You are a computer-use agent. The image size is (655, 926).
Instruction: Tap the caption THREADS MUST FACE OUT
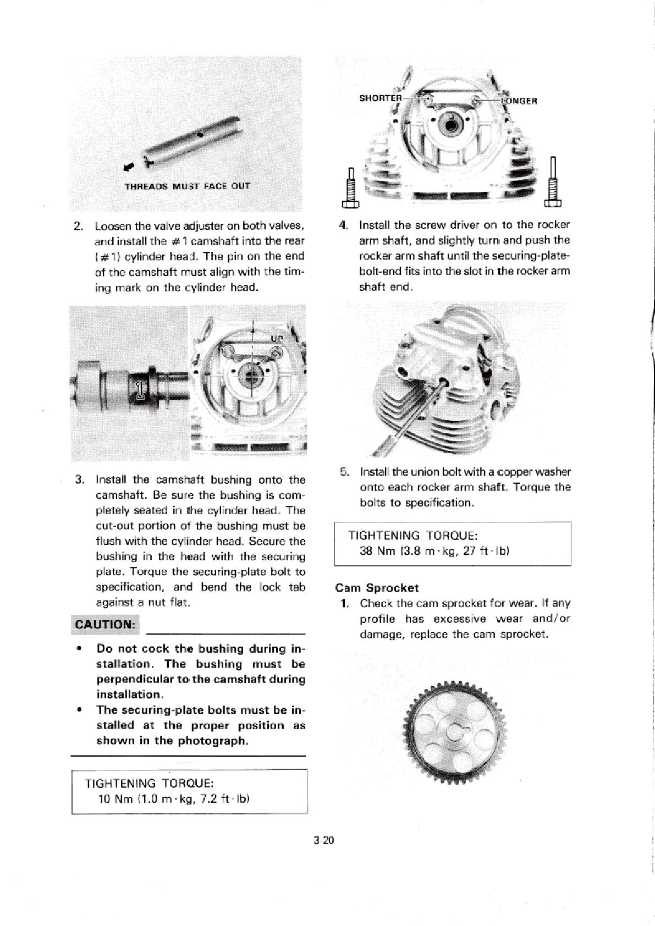point(188,186)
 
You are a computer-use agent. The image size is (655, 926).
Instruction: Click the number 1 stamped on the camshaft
point(140,389)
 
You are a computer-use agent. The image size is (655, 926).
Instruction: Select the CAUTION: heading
point(105,625)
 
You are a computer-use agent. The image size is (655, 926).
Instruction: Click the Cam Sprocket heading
point(377,588)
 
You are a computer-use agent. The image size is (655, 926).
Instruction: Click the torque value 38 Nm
point(374,550)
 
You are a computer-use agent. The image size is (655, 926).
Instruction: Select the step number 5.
point(344,472)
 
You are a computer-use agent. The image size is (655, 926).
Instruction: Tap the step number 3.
point(79,479)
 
